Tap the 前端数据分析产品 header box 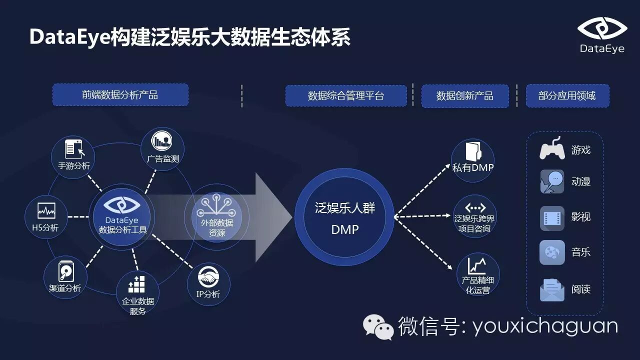tap(120, 94)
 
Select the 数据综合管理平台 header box tap(346, 95)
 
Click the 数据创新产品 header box tap(464, 95)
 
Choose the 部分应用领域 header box tap(567, 95)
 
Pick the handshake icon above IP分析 tap(208, 276)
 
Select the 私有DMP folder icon tap(472, 151)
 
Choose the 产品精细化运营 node tap(477, 274)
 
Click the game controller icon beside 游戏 tap(552, 149)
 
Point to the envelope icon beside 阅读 tap(552, 289)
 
